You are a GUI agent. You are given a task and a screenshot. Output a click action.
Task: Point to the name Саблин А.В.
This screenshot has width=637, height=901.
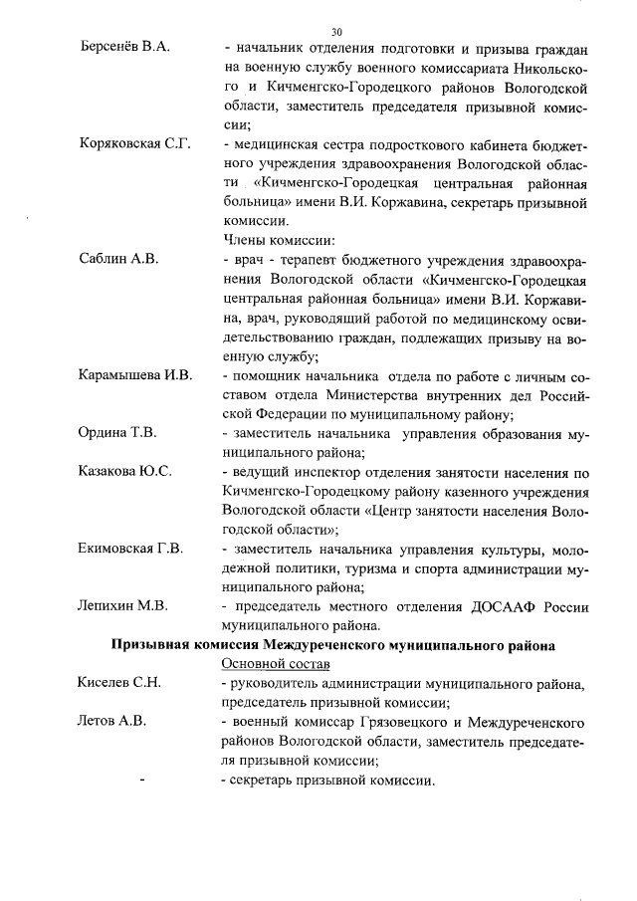coord(118,260)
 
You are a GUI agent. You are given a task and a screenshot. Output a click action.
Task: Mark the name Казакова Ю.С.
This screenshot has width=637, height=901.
coord(124,471)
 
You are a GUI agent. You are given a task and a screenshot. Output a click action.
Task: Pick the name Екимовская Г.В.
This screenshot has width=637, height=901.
coord(130,549)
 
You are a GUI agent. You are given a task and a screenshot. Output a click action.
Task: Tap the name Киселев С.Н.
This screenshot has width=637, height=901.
coord(119,683)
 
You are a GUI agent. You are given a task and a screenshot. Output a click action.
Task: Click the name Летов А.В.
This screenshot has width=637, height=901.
coord(112,721)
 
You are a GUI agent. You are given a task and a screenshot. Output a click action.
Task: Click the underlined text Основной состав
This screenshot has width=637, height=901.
coord(276,664)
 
